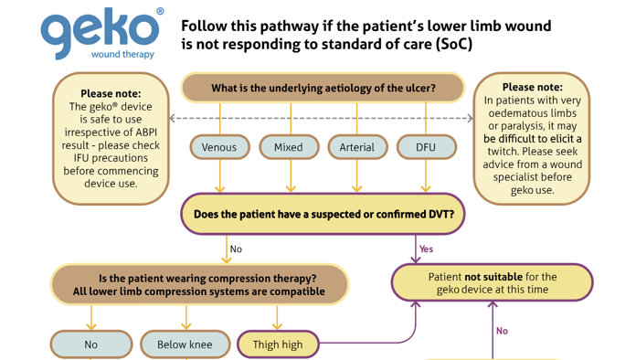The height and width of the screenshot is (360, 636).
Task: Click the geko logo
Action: tap(100, 33)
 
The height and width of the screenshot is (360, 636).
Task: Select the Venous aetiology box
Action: tap(219, 147)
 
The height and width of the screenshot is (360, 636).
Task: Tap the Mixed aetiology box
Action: tap(289, 147)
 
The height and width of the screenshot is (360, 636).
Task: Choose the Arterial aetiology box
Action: tap(357, 147)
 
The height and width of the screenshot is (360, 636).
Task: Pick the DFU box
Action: tap(427, 147)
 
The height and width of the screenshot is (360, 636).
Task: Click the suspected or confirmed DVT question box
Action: tap(323, 214)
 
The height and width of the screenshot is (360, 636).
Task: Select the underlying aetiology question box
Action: tap(323, 88)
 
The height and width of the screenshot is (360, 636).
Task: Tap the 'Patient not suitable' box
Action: tap(492, 282)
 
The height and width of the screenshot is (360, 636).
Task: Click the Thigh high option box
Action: tap(278, 344)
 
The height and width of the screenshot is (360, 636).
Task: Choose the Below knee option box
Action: tap(185, 344)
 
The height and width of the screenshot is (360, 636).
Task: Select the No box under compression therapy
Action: tap(91, 344)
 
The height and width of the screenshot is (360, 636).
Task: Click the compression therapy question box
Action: tap(199, 284)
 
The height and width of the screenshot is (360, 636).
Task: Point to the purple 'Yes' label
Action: tap(427, 249)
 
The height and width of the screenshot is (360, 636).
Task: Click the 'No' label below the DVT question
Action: tap(236, 249)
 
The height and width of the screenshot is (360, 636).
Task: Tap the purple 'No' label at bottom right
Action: tap(503, 331)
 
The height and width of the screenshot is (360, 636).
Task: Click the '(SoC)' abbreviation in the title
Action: tap(454, 44)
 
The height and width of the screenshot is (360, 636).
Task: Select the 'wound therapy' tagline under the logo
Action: tap(122, 54)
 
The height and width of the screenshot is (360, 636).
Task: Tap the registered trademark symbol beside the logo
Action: tap(160, 11)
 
